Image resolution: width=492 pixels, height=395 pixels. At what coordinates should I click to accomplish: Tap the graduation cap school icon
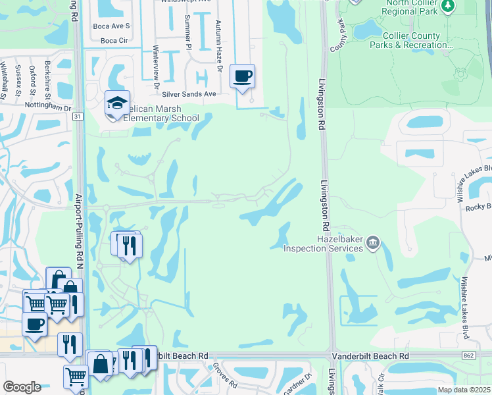coord(116,103)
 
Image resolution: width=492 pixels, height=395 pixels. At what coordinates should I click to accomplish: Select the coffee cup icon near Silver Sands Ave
coord(242,76)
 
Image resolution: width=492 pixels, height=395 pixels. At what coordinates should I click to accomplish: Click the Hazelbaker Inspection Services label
coord(323,244)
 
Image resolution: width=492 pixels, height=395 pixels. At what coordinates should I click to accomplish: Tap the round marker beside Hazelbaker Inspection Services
coord(373,244)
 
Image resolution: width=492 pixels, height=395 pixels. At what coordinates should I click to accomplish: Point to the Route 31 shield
coord(78,117)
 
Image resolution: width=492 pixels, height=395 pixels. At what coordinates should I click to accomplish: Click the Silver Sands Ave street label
coord(193,94)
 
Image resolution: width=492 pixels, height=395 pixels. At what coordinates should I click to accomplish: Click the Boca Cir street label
coord(114,40)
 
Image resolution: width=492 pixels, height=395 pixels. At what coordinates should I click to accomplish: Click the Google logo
coord(22,387)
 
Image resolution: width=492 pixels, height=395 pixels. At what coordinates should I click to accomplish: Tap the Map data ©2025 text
coord(464,390)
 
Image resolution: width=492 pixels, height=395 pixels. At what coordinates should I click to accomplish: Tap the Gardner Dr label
coord(305,384)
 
